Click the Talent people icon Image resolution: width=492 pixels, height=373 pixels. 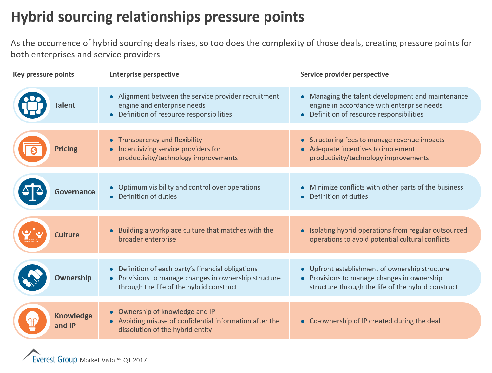coord(32,105)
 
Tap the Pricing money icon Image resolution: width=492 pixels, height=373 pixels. coord(32,149)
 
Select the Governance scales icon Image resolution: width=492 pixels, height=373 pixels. coord(32,192)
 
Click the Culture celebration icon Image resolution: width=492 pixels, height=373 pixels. coord(32,235)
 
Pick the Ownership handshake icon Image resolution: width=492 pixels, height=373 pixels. coord(32,278)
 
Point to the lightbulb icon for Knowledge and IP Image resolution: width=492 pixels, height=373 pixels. coord(32,321)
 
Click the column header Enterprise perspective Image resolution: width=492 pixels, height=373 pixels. coord(144,74)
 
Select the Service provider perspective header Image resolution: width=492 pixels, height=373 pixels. coord(344,74)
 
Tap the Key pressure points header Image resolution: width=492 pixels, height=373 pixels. coord(44,74)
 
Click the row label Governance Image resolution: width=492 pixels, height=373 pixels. coord(75,192)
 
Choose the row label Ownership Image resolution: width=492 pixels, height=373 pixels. coord(73,278)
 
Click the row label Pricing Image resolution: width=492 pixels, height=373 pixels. coord(66,149)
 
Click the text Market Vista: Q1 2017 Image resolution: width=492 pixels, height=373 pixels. coord(113,360)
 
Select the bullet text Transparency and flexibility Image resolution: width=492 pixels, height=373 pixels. coord(160,140)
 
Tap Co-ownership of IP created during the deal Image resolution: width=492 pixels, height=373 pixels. coord(375,321)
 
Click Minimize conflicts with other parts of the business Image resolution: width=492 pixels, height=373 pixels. coord(386,187)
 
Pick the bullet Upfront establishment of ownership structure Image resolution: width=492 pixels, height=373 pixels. coord(379,269)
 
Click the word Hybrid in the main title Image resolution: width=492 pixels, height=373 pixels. coord(32,17)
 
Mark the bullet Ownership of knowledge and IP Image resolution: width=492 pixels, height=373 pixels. coord(167,312)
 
